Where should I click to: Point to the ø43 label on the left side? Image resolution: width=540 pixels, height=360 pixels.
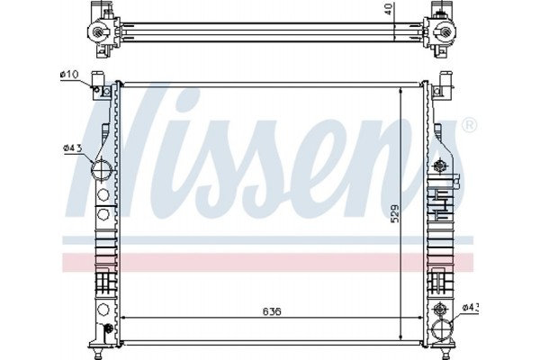(x=71, y=149)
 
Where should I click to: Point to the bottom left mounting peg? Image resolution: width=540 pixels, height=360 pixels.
(x=96, y=346)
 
